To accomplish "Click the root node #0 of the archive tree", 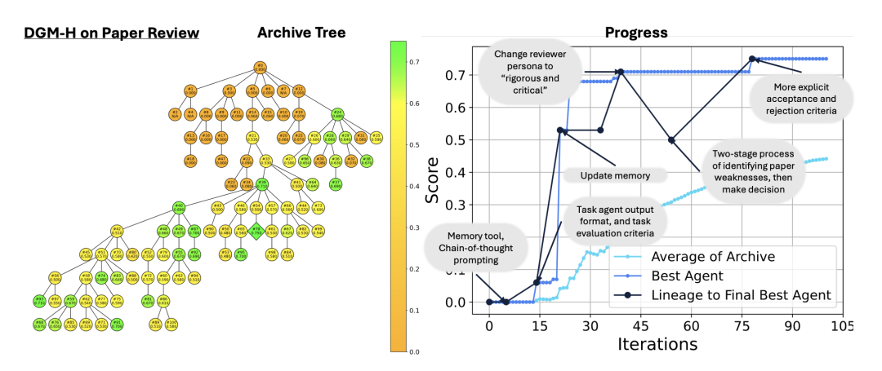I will [260, 67].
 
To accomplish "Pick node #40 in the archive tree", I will [177, 207].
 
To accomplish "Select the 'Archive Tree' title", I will [301, 33].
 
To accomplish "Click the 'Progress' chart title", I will [636, 33].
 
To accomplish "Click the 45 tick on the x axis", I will [639, 325].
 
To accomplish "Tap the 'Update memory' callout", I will [614, 174].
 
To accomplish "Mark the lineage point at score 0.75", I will [752, 59].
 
